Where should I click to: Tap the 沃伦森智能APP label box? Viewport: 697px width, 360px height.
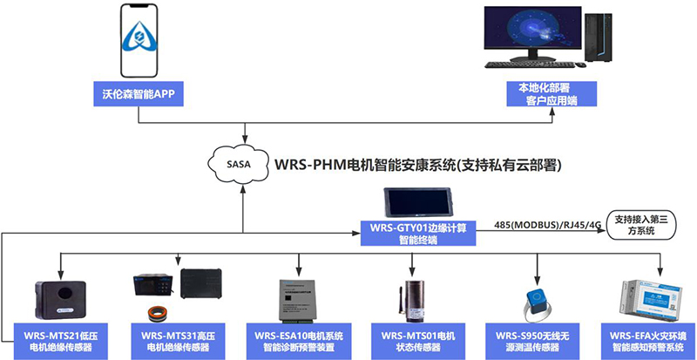(139, 93)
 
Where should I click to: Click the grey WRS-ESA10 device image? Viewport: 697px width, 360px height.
(299, 296)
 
